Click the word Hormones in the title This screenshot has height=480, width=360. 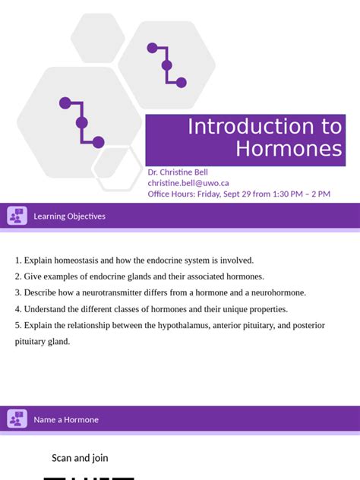289,149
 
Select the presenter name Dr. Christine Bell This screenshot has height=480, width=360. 177,172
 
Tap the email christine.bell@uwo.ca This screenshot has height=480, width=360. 188,183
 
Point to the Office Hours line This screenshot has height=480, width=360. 238,194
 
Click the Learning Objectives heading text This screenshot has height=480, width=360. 69,216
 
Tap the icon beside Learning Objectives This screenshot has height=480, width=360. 17,216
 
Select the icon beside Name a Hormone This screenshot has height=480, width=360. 17,419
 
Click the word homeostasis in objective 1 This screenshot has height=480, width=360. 81,260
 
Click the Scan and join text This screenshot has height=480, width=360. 80,457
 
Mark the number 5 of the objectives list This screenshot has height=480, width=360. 17,325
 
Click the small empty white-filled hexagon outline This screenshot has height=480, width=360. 117,168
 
